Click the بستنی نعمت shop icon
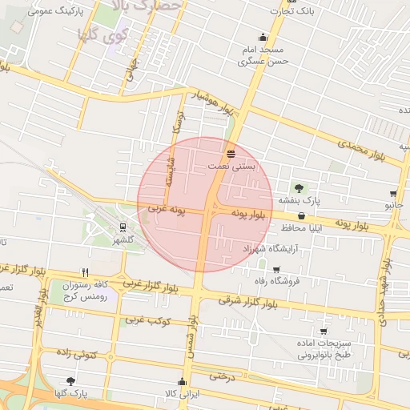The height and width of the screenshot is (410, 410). pyautogui.click(x=231, y=153)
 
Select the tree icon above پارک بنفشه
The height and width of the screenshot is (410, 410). pyautogui.click(x=299, y=187)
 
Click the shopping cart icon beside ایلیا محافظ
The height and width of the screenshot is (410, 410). pyautogui.click(x=301, y=215)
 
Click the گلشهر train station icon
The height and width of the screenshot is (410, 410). pyautogui.click(x=123, y=227)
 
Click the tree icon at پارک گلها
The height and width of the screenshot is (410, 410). pyautogui.click(x=72, y=380)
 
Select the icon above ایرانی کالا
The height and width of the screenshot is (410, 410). pyautogui.click(x=182, y=381)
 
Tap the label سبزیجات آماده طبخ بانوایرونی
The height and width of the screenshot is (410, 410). pyautogui.click(x=324, y=349)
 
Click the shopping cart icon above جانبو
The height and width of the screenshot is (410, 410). pyautogui.click(x=393, y=194)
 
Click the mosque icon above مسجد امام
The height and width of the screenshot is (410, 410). pyautogui.click(x=263, y=37)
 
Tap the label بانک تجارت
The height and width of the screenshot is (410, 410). pyautogui.click(x=291, y=11)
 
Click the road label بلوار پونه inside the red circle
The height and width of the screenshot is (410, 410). pyautogui.click(x=249, y=215)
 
